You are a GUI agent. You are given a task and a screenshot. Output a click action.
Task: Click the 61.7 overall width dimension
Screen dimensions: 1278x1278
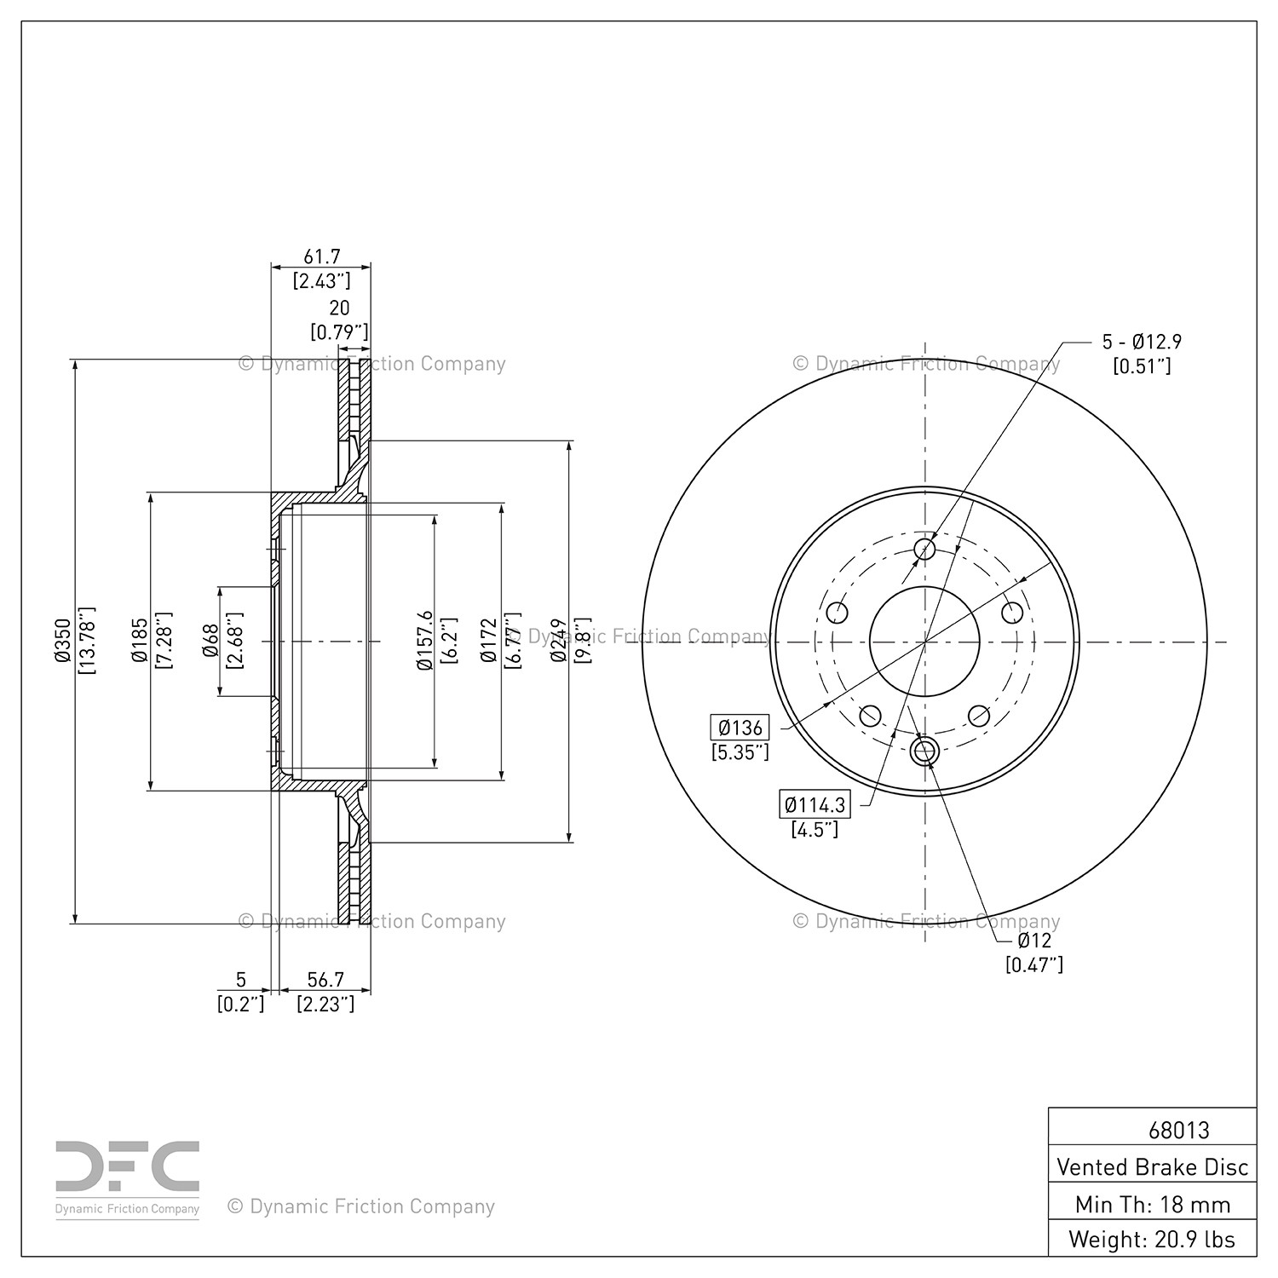coord(322,256)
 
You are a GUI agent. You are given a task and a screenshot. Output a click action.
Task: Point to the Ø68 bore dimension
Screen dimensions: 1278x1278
coord(210,641)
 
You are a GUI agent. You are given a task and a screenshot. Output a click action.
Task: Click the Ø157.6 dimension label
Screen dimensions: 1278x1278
coord(424,641)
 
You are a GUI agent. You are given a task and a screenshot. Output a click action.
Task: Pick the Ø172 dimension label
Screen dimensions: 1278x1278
coord(488,641)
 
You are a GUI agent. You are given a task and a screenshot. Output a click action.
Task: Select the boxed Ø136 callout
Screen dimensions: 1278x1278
coord(740,728)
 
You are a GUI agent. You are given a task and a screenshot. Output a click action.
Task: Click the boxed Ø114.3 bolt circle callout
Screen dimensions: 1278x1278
coord(815,804)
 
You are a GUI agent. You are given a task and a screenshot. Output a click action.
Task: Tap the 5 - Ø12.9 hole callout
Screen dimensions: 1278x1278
coord(1142,342)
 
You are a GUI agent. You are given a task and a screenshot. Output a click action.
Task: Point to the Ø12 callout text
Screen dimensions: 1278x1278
coord(1034,941)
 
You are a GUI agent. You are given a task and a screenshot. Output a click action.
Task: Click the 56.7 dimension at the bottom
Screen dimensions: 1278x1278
coord(325,980)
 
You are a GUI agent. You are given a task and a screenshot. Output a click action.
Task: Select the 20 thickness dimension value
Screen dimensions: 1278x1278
coord(339,308)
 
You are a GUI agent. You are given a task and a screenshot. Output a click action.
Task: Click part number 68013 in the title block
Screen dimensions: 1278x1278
coord(1178,1130)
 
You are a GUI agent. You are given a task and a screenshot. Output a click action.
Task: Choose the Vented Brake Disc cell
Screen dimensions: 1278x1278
coord(1153,1166)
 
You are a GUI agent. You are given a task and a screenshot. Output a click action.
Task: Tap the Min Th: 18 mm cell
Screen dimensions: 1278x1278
coord(1153,1204)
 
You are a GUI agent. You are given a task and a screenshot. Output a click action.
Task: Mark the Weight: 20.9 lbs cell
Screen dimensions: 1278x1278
coord(1153,1240)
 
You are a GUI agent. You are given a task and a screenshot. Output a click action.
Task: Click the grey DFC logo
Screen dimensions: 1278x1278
coord(128,1179)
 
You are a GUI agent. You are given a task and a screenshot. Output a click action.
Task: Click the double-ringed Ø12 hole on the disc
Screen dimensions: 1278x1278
coord(924,751)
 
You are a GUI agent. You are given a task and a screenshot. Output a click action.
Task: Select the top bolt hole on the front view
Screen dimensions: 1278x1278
coord(924,549)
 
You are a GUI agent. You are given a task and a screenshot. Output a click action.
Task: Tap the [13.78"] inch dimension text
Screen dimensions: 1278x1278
coord(86,641)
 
